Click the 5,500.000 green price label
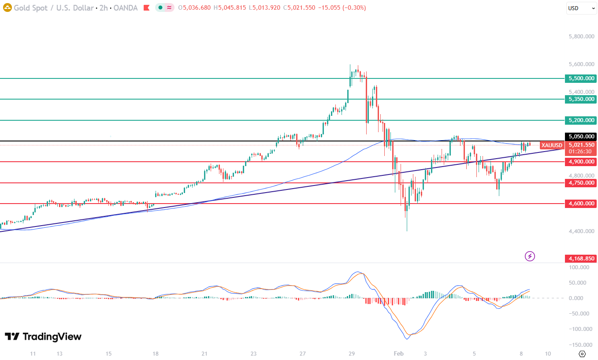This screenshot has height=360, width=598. point(581,78)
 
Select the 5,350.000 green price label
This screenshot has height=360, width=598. point(581,99)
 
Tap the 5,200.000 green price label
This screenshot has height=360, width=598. point(581,120)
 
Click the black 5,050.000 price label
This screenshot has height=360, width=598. point(581,137)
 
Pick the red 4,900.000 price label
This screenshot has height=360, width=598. point(581,162)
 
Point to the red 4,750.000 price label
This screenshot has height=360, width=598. point(581,183)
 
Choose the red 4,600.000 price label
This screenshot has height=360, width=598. point(581,204)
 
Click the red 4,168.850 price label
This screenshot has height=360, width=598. point(581,259)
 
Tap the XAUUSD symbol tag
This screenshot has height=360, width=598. point(552,145)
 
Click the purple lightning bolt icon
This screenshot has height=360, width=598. point(530,256)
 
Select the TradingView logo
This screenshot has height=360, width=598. point(43,337)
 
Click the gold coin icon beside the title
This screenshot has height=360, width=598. point(7,7)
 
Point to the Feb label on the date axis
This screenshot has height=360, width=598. point(398,353)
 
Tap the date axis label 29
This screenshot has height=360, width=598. point(351,353)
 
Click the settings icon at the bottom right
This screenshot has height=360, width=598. point(582,353)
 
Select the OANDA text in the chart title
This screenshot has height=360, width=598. point(127,8)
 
